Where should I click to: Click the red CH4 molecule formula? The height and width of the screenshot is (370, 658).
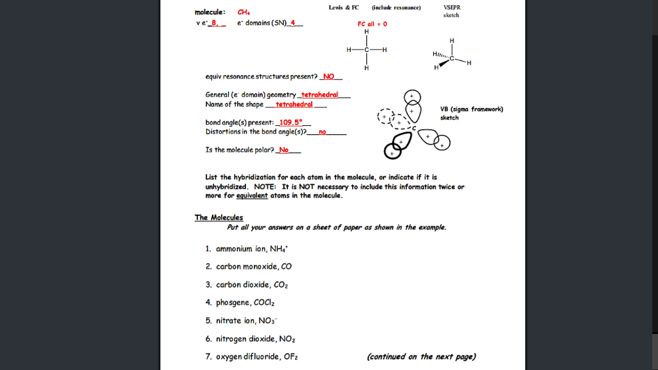(244, 12)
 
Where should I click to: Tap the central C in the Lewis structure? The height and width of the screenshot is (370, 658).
(366, 50)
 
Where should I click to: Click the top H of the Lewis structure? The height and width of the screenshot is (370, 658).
(366, 32)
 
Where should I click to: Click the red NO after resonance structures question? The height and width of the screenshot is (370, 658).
(329, 76)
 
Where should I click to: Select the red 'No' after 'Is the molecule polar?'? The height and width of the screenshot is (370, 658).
(284, 150)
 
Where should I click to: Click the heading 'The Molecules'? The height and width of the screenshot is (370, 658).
(218, 217)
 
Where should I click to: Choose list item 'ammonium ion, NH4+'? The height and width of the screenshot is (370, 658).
(252, 249)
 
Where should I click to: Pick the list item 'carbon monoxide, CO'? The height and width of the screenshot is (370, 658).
(254, 267)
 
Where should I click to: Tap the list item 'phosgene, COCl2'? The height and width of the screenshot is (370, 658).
(246, 303)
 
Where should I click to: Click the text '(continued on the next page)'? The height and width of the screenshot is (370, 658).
(421, 357)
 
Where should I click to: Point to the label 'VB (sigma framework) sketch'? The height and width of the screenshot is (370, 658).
(471, 113)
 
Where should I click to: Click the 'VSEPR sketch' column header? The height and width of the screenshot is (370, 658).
(452, 11)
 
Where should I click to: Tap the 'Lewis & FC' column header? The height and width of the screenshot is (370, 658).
(344, 8)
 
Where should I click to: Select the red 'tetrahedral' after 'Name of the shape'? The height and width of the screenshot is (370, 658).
(294, 104)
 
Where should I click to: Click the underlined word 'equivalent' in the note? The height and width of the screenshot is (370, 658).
(252, 195)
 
